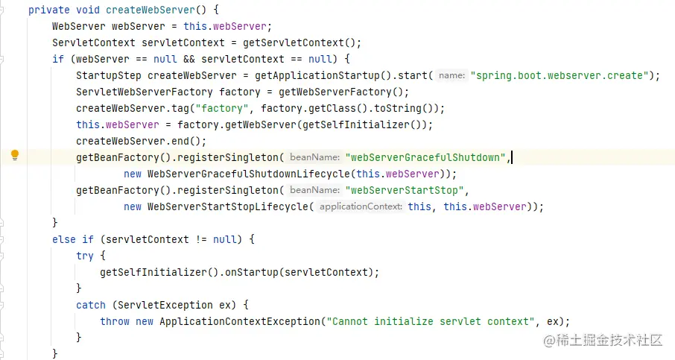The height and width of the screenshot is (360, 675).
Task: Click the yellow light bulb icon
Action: click(14, 156)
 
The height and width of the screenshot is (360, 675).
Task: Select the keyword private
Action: click(48, 10)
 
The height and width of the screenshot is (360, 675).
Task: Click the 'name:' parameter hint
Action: click(451, 75)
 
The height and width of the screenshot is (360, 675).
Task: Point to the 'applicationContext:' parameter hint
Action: click(361, 206)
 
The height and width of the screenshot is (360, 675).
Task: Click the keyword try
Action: click(85, 256)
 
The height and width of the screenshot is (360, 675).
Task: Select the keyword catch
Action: click(91, 305)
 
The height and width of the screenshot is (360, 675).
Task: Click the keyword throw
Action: click(115, 321)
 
